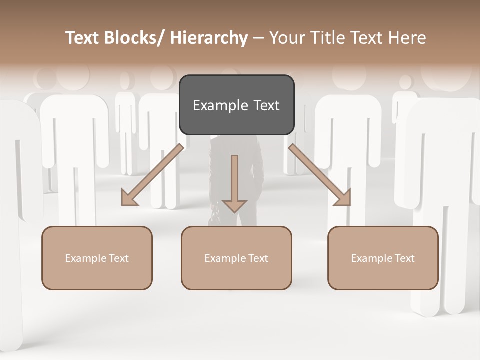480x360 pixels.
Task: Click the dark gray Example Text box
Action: (x=236, y=105)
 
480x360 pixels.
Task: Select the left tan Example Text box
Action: (x=97, y=258)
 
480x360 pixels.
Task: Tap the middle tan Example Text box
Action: (x=236, y=258)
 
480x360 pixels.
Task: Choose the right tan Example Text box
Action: (x=383, y=258)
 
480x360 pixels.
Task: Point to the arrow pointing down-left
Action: (x=152, y=175)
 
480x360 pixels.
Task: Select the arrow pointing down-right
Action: (x=320, y=175)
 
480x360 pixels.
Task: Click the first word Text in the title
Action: (x=84, y=38)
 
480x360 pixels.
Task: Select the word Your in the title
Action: (x=286, y=38)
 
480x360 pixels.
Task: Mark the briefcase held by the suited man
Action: (x=214, y=217)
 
